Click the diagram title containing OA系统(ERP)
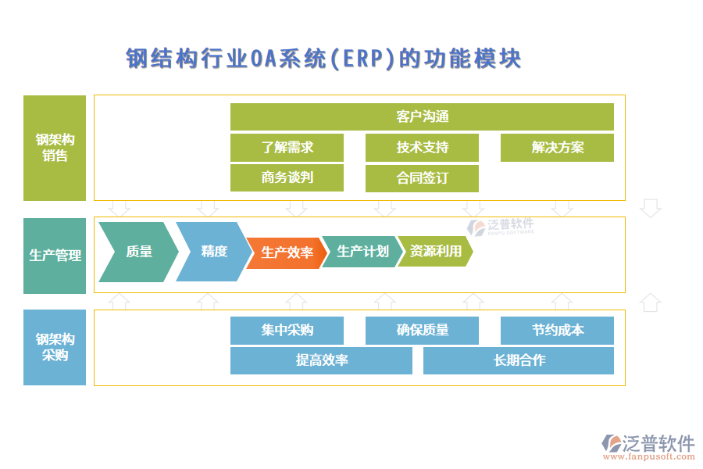323,59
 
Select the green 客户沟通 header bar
422,117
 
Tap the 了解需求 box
287,147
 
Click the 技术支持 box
422,147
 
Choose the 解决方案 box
557,147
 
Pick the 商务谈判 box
287,177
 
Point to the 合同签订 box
422,177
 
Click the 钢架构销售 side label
55,148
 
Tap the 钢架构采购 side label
55,347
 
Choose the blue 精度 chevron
213,252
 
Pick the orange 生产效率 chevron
286,252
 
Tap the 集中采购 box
287,330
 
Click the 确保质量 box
422,330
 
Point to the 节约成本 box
557,330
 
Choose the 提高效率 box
321,360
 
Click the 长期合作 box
519,360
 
